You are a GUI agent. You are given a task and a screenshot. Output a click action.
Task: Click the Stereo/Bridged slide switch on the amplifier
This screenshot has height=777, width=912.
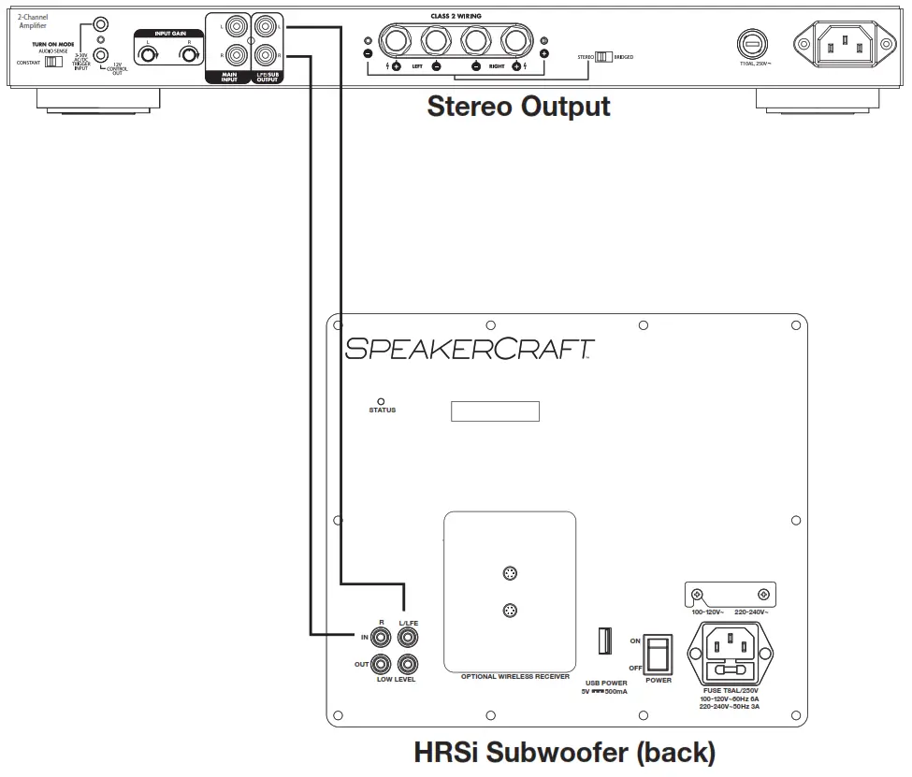coord(602,57)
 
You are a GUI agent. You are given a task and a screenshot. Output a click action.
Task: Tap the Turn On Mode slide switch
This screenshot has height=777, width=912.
coord(53,62)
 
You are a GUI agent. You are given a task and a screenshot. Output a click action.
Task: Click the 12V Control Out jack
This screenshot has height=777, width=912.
coord(100,55)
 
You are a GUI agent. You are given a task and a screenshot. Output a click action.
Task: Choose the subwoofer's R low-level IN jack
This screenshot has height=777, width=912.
coord(382,638)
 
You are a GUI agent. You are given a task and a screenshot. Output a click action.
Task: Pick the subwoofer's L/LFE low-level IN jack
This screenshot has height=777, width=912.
coord(407,638)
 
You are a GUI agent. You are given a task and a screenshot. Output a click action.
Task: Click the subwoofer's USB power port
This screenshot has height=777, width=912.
coord(603,641)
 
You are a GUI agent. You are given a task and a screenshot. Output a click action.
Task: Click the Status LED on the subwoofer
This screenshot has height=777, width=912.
coord(381,401)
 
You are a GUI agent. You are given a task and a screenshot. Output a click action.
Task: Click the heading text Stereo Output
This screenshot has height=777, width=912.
coord(518,107)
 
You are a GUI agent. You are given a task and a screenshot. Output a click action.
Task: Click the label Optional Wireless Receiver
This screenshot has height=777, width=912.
coord(510,676)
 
